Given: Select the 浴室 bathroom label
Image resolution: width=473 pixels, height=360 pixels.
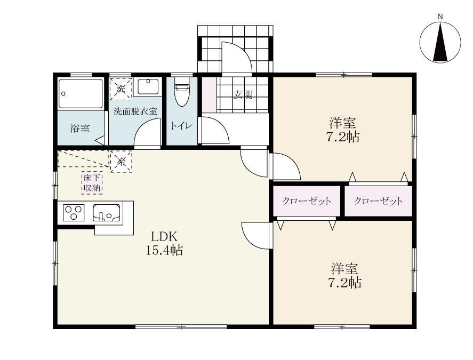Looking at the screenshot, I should tap(80, 129).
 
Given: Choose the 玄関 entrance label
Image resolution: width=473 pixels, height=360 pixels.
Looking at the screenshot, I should tap(243, 95).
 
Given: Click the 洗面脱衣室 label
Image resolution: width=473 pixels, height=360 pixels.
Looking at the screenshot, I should tap(135, 112).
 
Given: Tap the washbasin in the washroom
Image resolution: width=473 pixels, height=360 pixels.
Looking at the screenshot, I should tap(146, 87).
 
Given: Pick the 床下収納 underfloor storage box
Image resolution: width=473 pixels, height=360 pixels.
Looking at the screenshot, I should tap(92, 182).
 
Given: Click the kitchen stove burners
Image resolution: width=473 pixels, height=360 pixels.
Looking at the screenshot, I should tap(74, 213).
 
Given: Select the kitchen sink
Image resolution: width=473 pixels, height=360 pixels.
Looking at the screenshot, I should tap(106, 213).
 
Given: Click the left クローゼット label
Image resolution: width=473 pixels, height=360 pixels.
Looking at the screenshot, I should tap(307, 201).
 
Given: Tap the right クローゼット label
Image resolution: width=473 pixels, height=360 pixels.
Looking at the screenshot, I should tap(378, 201).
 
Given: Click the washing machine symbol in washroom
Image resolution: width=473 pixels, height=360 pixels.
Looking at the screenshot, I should tap(121, 89).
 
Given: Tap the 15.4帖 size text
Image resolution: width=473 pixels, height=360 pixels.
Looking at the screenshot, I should tap(164, 250).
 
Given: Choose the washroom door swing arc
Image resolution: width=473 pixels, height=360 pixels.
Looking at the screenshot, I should tap(147, 132).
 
